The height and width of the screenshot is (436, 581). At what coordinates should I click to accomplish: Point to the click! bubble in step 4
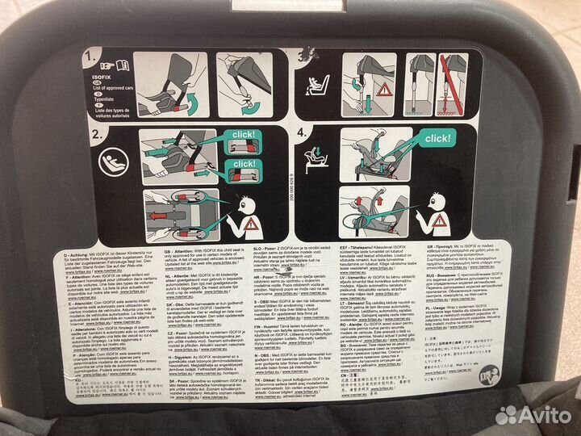point(438,138)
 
